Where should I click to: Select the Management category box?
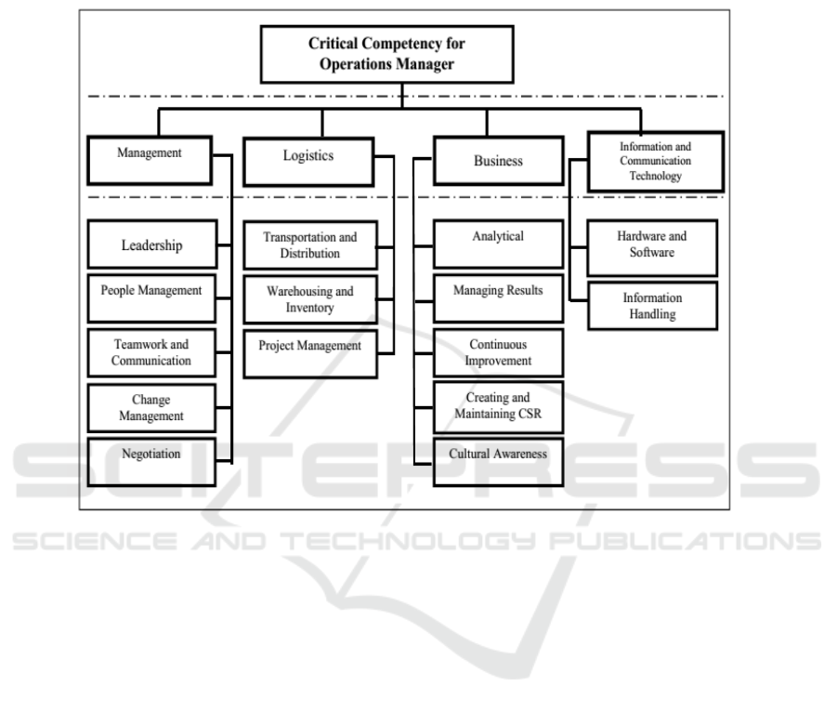(x=150, y=158)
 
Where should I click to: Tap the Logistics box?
(x=307, y=159)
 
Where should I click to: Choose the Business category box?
(x=498, y=161)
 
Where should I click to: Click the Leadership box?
(x=151, y=245)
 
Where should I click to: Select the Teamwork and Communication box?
(x=151, y=351)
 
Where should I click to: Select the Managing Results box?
(x=498, y=297)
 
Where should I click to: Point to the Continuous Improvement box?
(x=498, y=352)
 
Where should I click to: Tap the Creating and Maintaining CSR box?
(x=498, y=406)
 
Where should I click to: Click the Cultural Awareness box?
(x=498, y=460)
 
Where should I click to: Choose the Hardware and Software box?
(x=652, y=247)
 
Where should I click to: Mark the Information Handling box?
(x=652, y=306)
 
